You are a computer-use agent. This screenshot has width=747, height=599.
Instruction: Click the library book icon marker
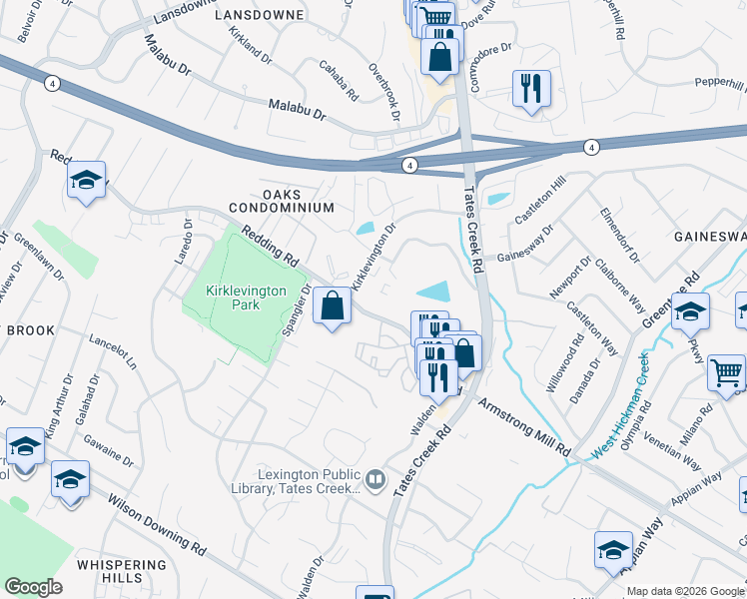[375, 480]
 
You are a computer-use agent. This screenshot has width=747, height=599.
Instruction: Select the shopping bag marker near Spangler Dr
[333, 306]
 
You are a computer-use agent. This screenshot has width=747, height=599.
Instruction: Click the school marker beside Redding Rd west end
[87, 181]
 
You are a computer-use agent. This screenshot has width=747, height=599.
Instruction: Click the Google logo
[33, 587]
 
